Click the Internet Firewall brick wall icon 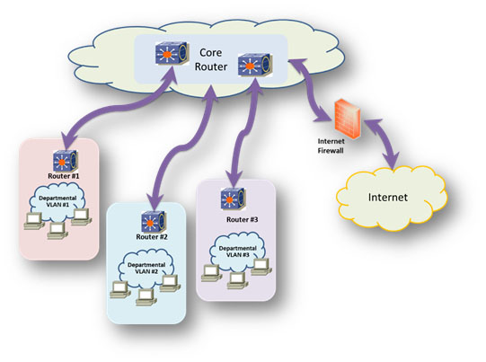point(347,119)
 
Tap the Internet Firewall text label point(331,146)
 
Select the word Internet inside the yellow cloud point(388,198)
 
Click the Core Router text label point(211,59)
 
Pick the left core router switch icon point(172,53)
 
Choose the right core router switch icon point(255,65)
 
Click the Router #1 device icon point(65,161)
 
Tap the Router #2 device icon point(154,222)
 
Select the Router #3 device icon point(233,199)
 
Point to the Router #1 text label point(64,176)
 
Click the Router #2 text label point(152,237)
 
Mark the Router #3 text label point(242,220)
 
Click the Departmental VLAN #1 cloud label point(57,201)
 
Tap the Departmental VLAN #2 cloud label point(146,269)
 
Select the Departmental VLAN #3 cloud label point(238,252)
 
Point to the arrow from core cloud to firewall point(311,91)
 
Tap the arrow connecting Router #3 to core point(245,132)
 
